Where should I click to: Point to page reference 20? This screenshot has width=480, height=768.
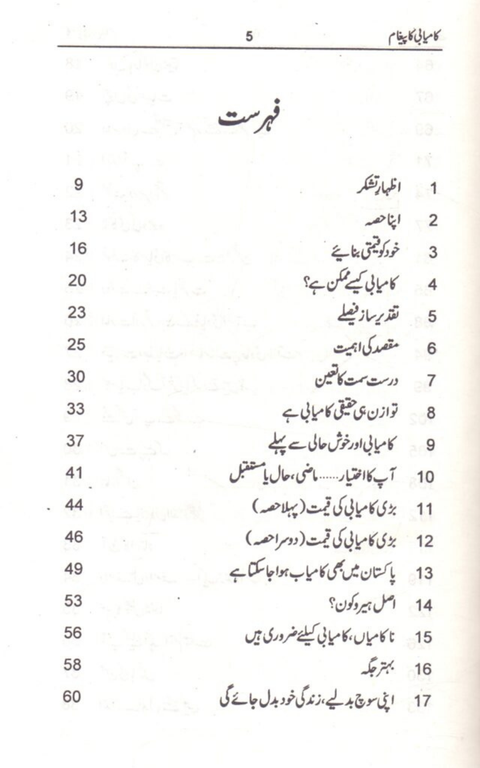coord(76,281)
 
